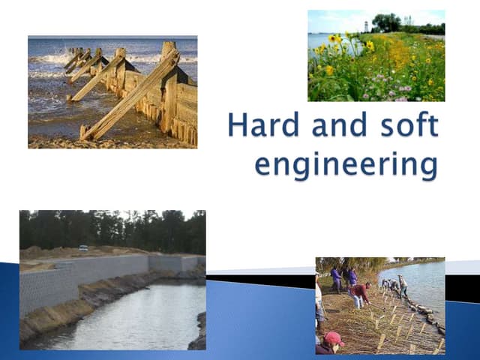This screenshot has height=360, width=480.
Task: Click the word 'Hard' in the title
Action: click(x=259, y=126)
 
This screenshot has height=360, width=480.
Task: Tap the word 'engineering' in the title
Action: click(x=346, y=162)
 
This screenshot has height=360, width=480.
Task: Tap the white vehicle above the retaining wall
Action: click(x=82, y=248)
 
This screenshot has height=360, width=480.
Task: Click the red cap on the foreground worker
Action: click(x=334, y=338)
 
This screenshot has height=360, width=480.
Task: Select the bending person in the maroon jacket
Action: click(x=360, y=293)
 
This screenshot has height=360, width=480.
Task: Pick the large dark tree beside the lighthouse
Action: click(x=387, y=23)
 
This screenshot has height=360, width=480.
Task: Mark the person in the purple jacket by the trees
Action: click(x=336, y=279)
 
